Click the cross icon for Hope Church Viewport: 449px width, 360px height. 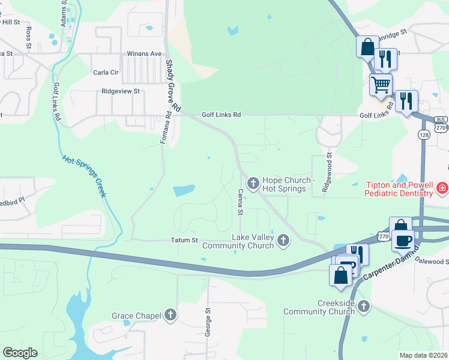(x=253, y=182)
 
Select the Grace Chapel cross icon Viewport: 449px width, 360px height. (x=170, y=314)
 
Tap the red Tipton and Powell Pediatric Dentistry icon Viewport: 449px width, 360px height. (x=442, y=188)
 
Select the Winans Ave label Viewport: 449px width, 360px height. (x=144, y=53)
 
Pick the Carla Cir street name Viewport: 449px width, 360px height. (x=106, y=73)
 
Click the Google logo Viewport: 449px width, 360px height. (x=20, y=353)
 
